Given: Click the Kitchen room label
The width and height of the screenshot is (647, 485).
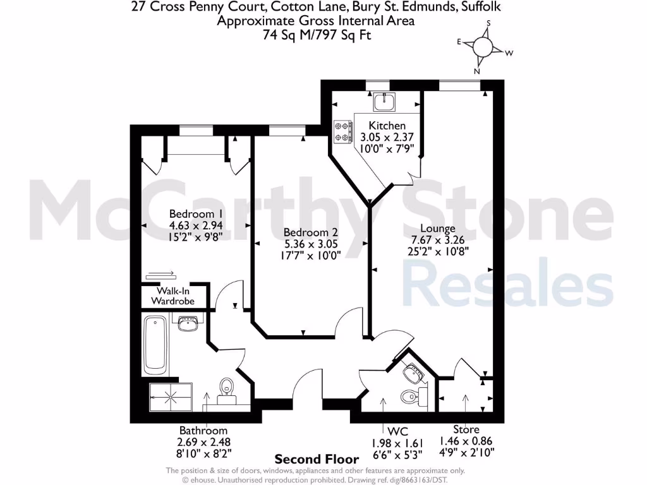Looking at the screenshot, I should click(387, 126).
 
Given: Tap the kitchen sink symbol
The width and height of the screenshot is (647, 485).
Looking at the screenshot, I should click(384, 101).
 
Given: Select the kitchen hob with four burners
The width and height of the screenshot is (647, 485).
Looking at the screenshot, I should click(343, 131).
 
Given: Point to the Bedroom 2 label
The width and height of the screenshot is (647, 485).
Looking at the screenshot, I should click(306, 232).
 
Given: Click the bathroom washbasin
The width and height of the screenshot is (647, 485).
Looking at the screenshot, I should click(188, 324).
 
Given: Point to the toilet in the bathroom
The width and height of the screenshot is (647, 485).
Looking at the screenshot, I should click(226, 390).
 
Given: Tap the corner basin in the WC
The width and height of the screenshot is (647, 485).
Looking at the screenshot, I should click(414, 373).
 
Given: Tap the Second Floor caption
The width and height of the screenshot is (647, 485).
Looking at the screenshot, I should click(317, 459).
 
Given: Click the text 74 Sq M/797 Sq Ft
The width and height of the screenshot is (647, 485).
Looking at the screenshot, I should click(317, 35).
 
